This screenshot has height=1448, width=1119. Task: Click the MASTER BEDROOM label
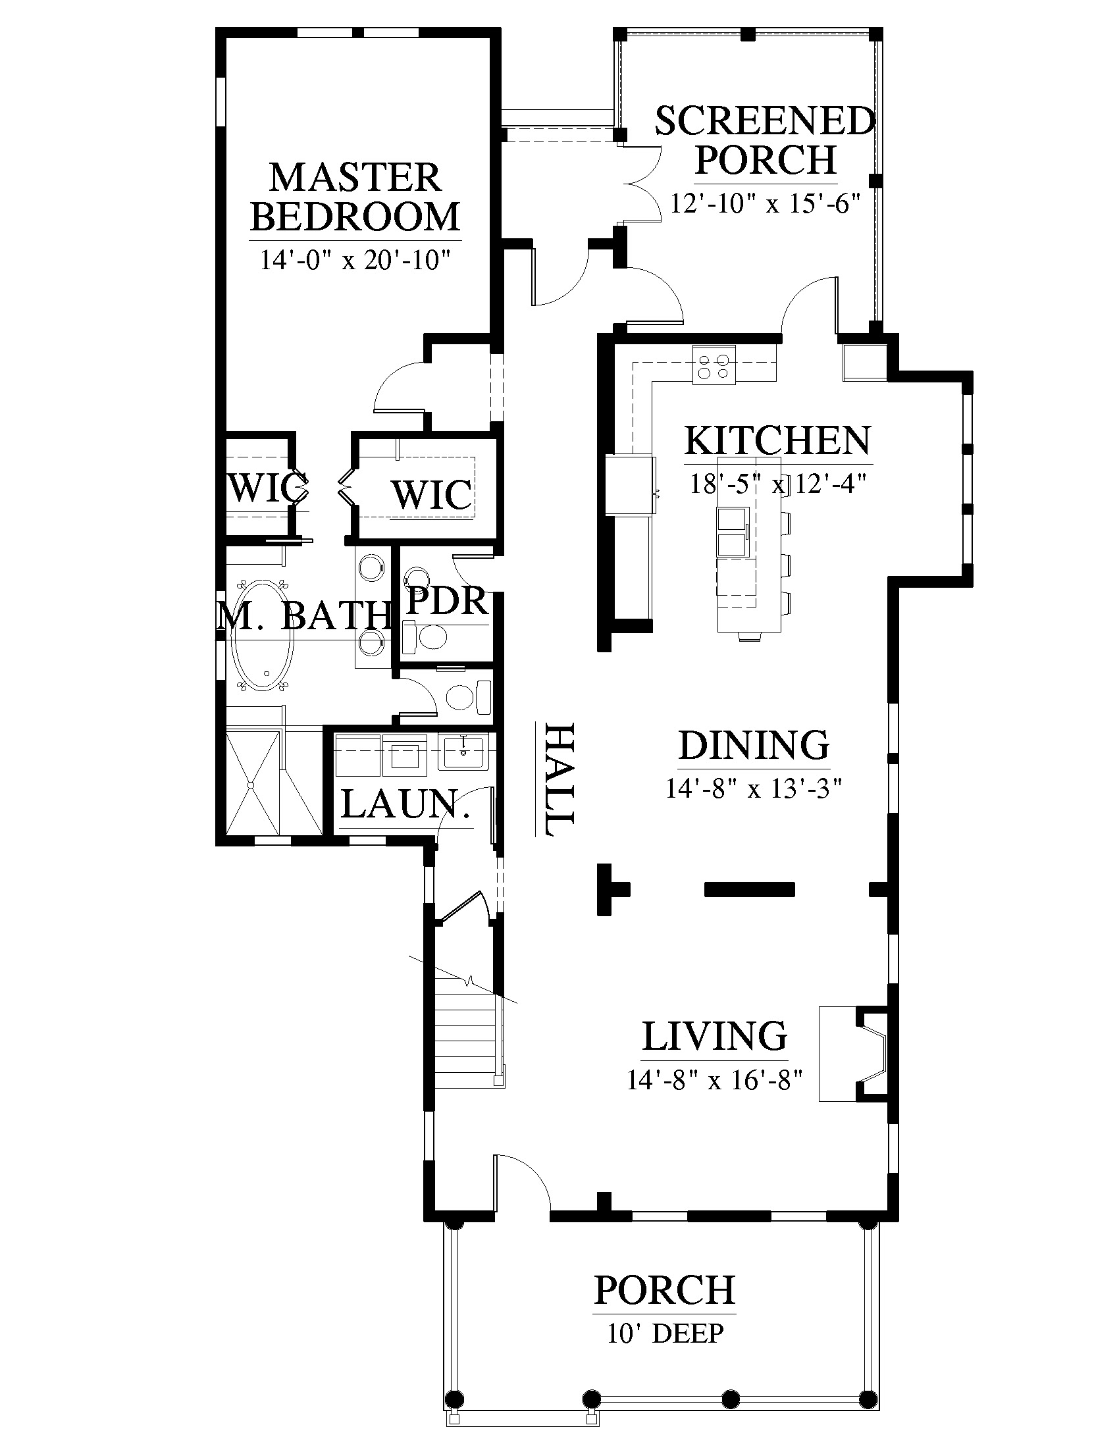click(x=355, y=197)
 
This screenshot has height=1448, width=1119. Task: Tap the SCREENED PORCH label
click(x=766, y=140)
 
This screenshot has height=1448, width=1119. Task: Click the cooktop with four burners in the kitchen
click(x=714, y=365)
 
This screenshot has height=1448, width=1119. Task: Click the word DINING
click(x=754, y=744)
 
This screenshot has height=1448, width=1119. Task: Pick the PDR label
click(x=447, y=601)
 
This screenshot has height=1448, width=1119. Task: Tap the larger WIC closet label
click(x=432, y=494)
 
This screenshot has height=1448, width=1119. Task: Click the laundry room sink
click(x=463, y=752)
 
